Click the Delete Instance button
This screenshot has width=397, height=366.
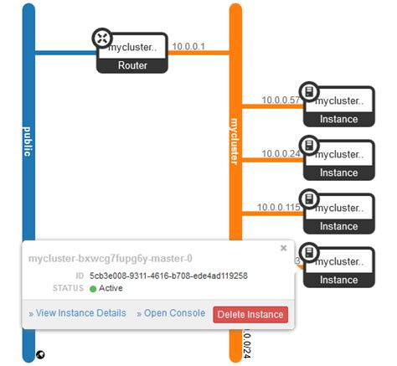(250, 314)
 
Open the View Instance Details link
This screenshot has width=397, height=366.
(77, 313)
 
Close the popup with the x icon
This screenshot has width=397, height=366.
(283, 248)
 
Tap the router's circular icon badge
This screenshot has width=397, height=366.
(101, 38)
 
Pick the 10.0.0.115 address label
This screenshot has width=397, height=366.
(280, 206)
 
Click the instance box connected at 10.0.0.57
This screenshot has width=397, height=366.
(338, 106)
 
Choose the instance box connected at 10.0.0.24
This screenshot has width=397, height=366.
(338, 160)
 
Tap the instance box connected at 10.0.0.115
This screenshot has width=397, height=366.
(338, 214)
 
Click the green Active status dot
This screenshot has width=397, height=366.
(93, 289)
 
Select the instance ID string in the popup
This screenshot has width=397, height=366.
(167, 276)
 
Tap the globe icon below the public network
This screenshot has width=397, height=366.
(39, 354)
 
